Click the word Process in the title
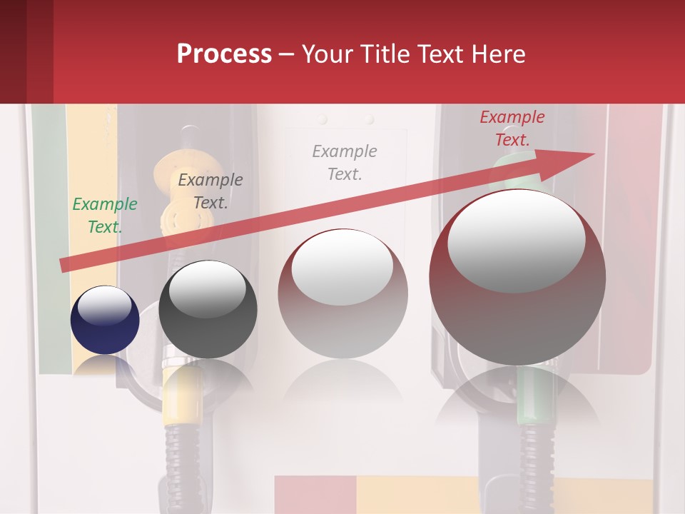pos(224,54)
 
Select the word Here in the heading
pos(499,54)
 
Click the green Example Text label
pos(105,216)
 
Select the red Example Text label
pos(512,128)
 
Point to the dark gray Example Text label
pos(210,191)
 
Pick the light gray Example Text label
pos(345,163)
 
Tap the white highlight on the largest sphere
pos(516,241)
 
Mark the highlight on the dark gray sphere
pos(207,288)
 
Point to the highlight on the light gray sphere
pos(342,266)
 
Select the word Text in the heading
pos(444,54)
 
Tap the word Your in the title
pos(329,54)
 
